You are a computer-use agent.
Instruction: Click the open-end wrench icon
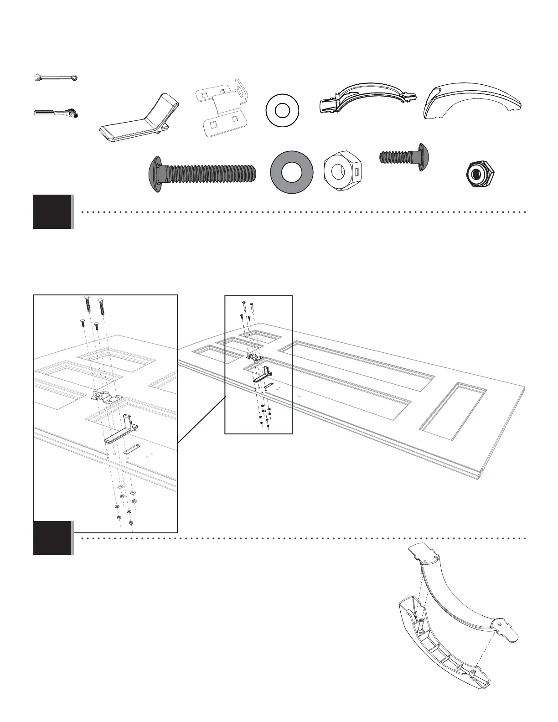click(56, 78)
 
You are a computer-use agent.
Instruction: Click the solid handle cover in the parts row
click(472, 103)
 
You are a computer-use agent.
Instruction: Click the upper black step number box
click(52, 211)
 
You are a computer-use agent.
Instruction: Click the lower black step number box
click(52, 538)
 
